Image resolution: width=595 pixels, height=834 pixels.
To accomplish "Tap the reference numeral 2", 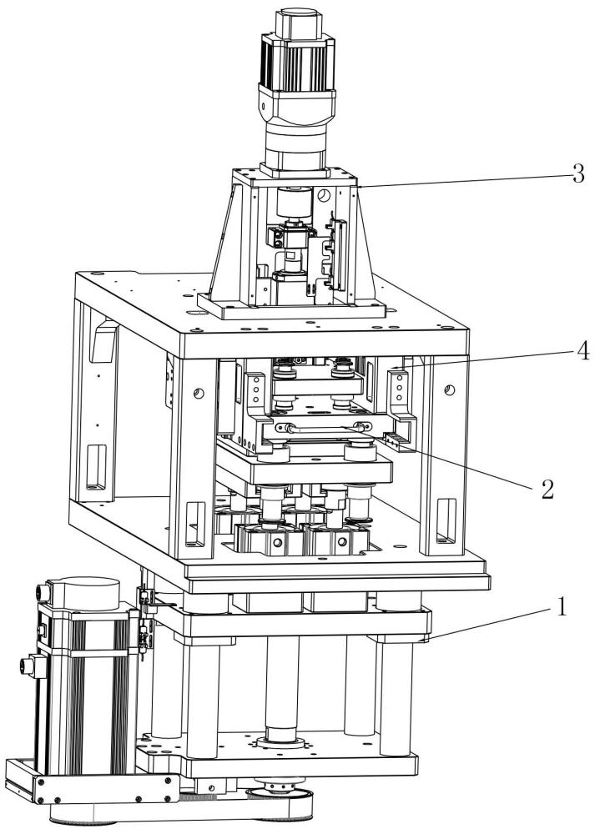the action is (x=547, y=489).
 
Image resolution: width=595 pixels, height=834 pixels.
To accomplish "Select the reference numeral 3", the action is (x=577, y=174).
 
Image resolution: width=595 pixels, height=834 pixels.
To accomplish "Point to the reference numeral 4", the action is (x=582, y=351).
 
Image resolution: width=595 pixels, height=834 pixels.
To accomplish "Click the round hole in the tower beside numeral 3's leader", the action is (x=324, y=197).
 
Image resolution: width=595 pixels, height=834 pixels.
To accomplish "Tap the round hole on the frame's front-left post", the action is (x=198, y=393).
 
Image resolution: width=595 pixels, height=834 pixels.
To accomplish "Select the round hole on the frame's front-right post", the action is (x=450, y=389).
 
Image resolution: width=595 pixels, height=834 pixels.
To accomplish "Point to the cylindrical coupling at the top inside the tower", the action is (x=294, y=202).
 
